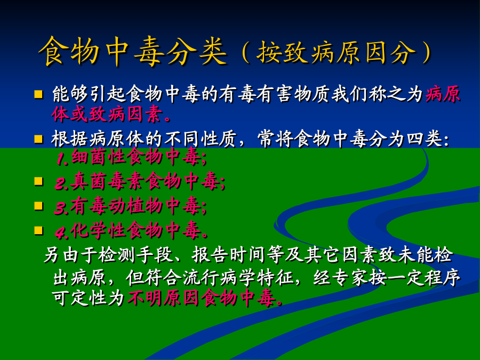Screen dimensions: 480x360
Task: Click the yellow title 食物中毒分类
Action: [133, 51]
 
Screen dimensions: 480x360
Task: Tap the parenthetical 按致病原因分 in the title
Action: [336, 52]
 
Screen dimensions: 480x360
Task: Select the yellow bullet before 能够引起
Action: [38, 94]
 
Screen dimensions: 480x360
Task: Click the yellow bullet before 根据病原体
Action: [38, 139]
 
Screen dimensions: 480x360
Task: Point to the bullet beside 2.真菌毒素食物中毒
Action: [38, 181]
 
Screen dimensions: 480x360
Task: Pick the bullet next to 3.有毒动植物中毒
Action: [38, 206]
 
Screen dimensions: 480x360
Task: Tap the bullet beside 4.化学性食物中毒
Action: [38, 230]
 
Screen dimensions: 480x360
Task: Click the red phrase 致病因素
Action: [125, 114]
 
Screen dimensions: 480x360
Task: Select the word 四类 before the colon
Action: [425, 139]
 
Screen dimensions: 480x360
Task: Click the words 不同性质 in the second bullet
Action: [200, 139]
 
